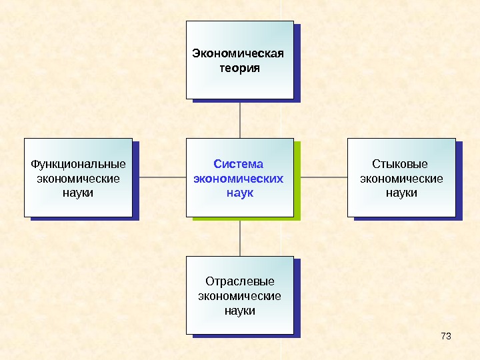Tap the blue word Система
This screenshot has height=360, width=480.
238,164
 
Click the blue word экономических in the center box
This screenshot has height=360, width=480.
238,179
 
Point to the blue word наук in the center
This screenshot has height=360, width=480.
239,193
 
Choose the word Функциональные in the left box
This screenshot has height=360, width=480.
79,164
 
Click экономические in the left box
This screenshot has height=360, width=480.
79,179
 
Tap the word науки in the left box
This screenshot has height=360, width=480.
79,193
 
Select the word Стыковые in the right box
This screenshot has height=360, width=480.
400,164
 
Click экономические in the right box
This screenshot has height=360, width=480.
401,179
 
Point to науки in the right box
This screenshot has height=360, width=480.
401,193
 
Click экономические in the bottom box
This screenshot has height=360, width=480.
240,296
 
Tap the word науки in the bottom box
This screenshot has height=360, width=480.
240,311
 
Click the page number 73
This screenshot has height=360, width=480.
446,335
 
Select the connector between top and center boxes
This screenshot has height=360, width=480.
239,120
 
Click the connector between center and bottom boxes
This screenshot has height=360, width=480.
239,237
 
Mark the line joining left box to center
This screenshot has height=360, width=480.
159,178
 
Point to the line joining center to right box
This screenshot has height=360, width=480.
324,178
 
